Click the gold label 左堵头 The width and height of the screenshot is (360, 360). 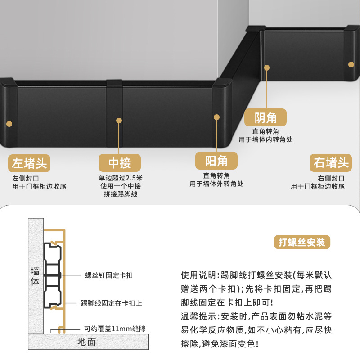(x=29, y=163)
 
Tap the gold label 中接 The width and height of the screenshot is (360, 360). (x=119, y=163)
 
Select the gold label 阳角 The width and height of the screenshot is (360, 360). (x=216, y=161)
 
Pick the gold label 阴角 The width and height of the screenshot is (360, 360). (x=265, y=117)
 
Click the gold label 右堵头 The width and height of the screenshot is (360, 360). (x=331, y=162)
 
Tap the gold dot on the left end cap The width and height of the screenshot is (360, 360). (x=9, y=124)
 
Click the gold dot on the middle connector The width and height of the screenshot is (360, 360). (x=119, y=121)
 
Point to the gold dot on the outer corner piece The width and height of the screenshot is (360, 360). (x=216, y=117)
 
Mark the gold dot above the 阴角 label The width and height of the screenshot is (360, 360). (x=266, y=68)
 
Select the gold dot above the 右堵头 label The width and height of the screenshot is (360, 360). (x=351, y=65)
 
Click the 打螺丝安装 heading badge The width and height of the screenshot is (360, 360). (x=301, y=242)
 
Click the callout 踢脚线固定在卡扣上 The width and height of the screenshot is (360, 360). (x=112, y=303)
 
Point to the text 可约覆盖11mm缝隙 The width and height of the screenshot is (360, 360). (x=115, y=329)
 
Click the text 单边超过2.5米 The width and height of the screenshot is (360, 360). (x=121, y=178)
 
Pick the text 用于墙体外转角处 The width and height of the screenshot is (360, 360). (x=216, y=184)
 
